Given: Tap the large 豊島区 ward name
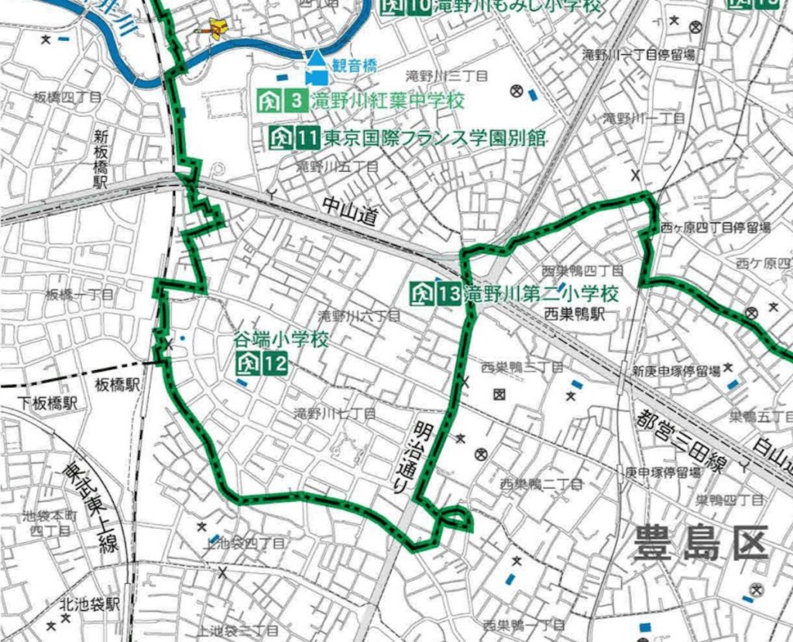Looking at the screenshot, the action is tap(701, 542).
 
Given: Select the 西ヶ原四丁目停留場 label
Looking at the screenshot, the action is tap(715, 228).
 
